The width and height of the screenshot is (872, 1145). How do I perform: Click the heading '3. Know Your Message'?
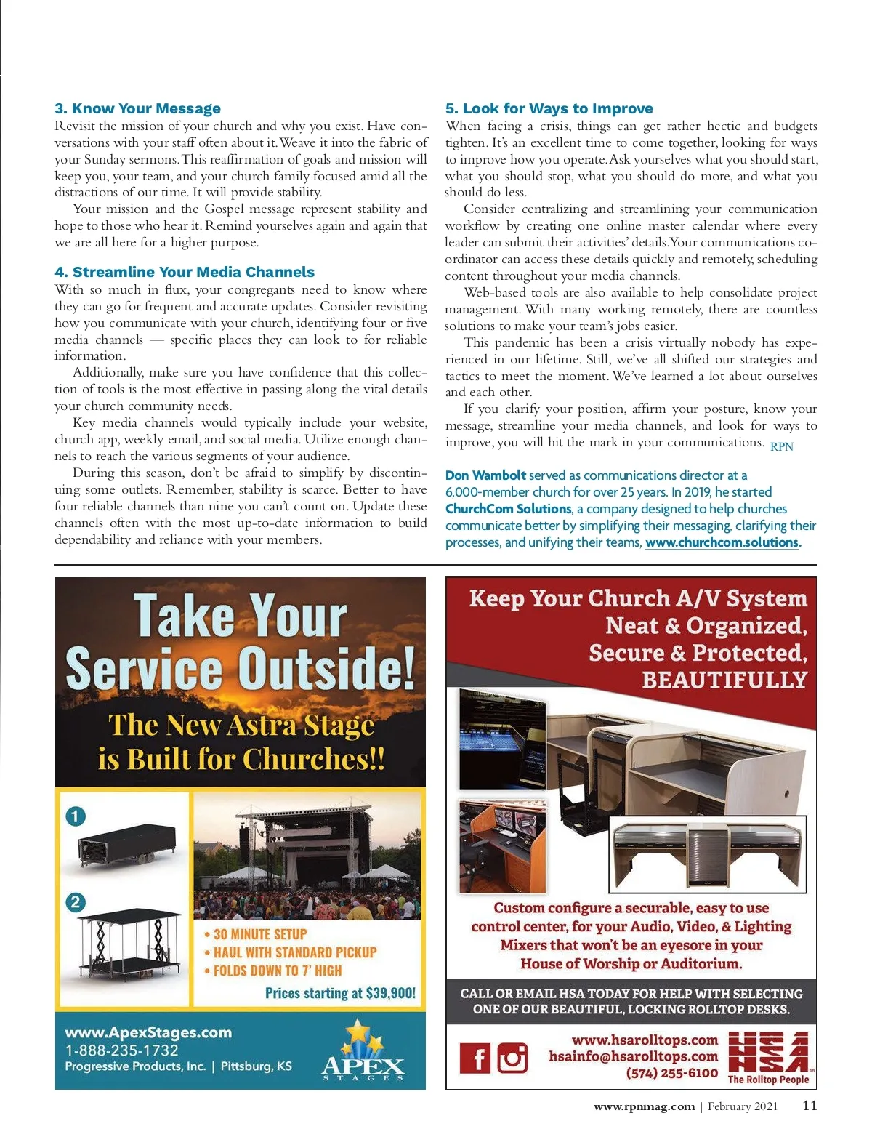(x=137, y=108)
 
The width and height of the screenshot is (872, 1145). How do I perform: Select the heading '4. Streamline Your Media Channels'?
(x=185, y=272)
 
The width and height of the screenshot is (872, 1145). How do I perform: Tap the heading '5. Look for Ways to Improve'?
(x=549, y=108)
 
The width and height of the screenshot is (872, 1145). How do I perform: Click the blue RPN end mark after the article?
(x=781, y=446)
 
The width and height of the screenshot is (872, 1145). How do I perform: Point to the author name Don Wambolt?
(x=485, y=475)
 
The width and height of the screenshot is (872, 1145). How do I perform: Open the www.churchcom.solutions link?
(x=722, y=542)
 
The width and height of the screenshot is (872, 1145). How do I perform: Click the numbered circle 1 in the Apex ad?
(x=76, y=816)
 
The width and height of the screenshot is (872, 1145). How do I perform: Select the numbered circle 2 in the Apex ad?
(x=76, y=902)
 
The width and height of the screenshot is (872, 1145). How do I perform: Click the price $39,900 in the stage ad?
(x=391, y=993)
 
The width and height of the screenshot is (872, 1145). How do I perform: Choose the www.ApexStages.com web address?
(x=148, y=1032)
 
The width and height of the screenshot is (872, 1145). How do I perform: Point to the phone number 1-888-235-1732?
(x=121, y=1050)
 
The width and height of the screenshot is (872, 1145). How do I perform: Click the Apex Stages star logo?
(x=363, y=1051)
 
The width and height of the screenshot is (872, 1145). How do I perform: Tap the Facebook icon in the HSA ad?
(x=475, y=1058)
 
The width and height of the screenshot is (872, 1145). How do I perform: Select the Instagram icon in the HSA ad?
(x=513, y=1058)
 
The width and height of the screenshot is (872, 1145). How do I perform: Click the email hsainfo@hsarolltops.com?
(x=633, y=1056)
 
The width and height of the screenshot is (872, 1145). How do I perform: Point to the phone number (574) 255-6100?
(x=671, y=1073)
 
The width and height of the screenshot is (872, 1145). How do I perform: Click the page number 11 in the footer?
(x=810, y=1106)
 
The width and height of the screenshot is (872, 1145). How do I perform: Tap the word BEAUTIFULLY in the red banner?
(x=724, y=680)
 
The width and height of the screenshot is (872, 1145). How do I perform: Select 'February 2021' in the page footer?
(x=743, y=1106)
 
